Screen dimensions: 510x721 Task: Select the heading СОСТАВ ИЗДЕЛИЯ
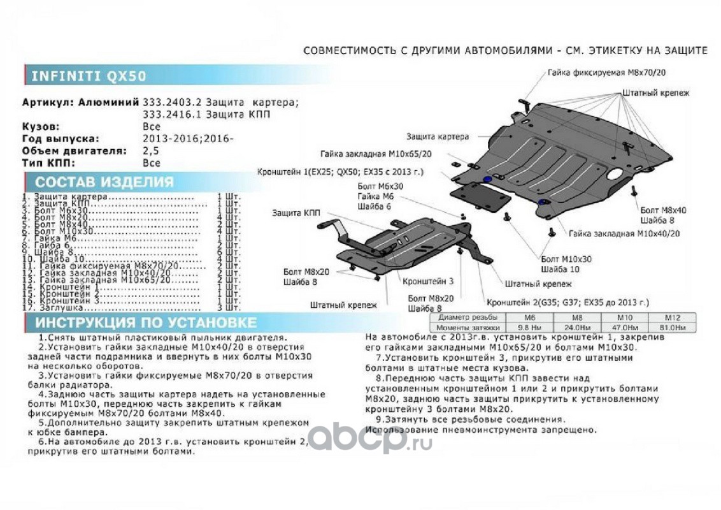pyautogui.click(x=104, y=182)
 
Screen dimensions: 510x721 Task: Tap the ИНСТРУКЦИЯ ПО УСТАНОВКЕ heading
pyautogui.click(x=146, y=323)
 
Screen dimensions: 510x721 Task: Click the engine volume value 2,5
pyautogui.click(x=151, y=151)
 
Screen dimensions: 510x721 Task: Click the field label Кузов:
pyautogui.click(x=41, y=127)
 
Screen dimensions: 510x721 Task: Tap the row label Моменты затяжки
pyautogui.click(x=468, y=327)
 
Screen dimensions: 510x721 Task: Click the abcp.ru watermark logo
pyautogui.click(x=370, y=438)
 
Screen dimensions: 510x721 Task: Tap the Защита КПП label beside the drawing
pyautogui.click(x=296, y=212)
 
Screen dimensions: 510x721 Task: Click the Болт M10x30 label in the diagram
pyautogui.click(x=566, y=259)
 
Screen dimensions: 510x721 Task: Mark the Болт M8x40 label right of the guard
pyautogui.click(x=663, y=209)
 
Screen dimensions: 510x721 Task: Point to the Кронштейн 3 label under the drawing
pyautogui.click(x=428, y=280)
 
